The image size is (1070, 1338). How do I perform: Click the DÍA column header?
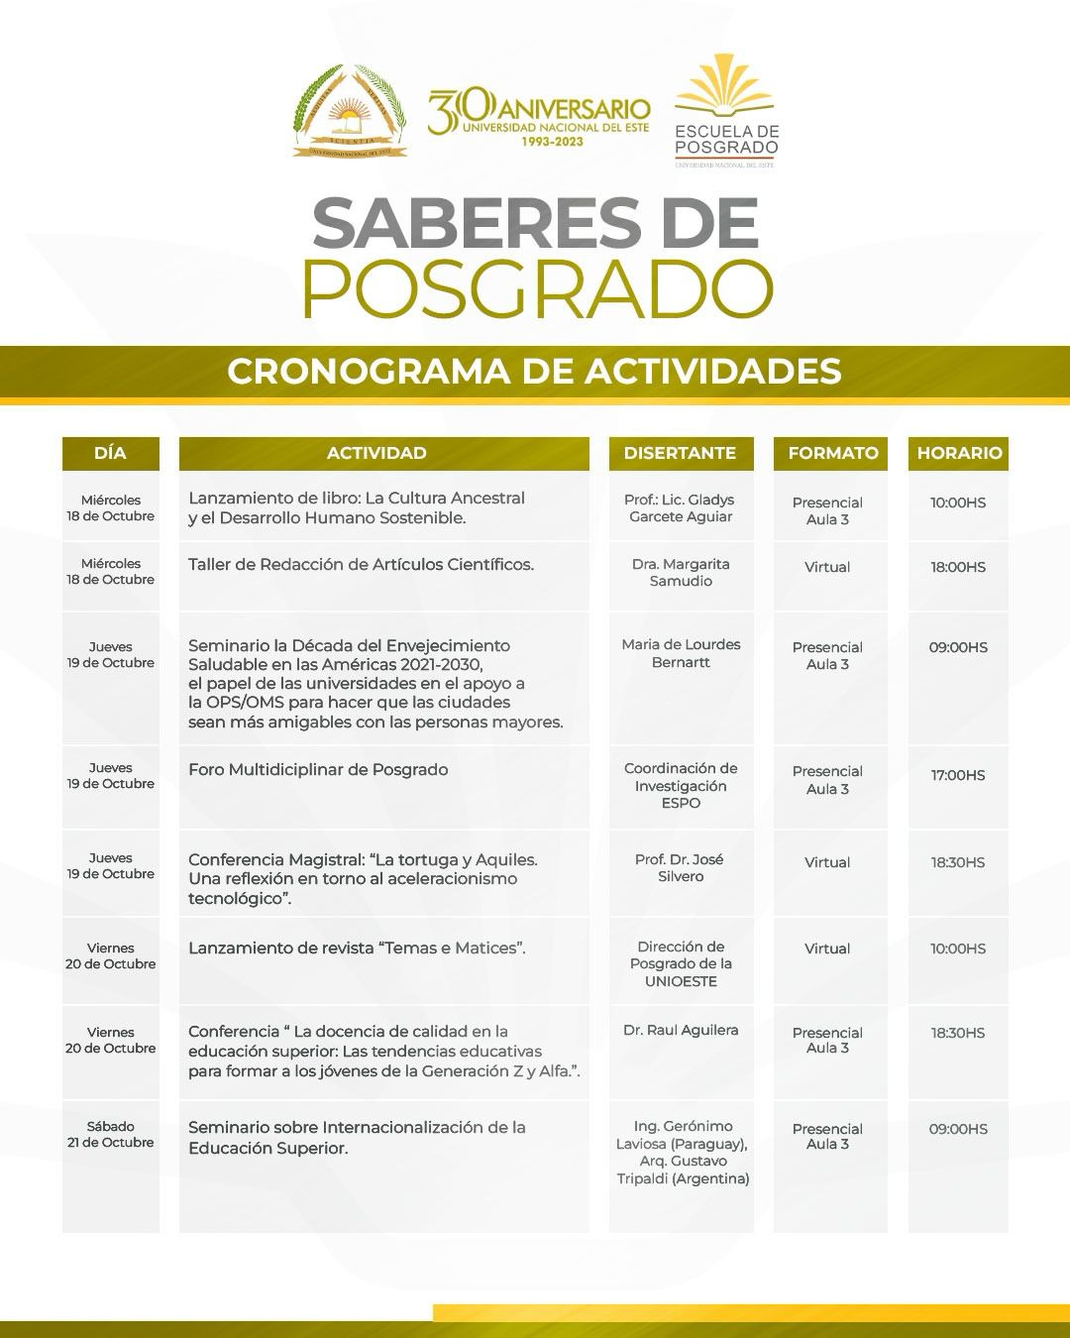click(x=110, y=453)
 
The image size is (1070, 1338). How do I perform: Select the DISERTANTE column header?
click(x=680, y=453)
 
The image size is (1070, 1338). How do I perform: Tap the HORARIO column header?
click(x=958, y=453)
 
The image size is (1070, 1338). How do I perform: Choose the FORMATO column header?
click(x=832, y=453)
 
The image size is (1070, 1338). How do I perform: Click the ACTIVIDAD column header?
click(x=376, y=453)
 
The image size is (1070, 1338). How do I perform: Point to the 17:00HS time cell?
click(x=957, y=775)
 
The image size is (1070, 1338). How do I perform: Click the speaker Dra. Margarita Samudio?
click(x=681, y=572)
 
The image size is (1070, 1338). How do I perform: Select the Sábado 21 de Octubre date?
click(x=110, y=1134)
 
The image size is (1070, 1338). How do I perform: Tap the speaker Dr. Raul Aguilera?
click(x=681, y=1030)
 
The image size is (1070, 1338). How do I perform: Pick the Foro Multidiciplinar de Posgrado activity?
click(x=318, y=769)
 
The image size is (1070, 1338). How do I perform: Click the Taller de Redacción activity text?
click(x=361, y=564)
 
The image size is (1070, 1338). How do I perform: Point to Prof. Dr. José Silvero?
click(x=680, y=867)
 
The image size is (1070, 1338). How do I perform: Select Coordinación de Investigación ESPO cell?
click(x=681, y=785)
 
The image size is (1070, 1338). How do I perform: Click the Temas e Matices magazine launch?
click(x=357, y=948)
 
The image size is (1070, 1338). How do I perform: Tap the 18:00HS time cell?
click(x=957, y=567)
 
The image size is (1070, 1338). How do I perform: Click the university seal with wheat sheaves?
click(x=350, y=111)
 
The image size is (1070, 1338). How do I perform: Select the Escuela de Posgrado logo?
click(x=726, y=110)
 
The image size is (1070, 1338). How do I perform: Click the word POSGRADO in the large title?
click(x=536, y=288)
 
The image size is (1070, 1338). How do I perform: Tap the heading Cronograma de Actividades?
click(x=534, y=371)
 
